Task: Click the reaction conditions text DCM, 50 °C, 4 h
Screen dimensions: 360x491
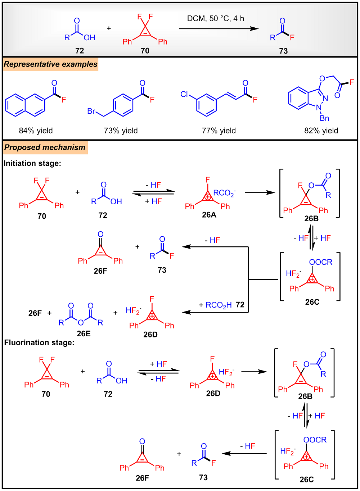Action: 215,19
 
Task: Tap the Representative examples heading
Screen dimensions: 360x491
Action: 50,64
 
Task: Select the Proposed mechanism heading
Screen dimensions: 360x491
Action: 45,147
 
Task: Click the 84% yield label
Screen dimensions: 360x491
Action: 36,131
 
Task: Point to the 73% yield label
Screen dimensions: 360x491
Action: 121,131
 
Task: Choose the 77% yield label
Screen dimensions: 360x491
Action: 219,131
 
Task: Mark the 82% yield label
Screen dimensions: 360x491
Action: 321,131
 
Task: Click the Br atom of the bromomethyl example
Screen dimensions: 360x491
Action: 91,111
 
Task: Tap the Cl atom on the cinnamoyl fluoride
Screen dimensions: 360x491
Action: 184,94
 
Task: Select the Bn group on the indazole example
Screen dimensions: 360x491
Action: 324,118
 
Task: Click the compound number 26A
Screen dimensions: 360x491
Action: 209,215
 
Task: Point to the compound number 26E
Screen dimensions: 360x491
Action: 84,333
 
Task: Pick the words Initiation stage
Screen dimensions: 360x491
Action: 32,163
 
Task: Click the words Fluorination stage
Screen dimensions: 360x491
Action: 39,342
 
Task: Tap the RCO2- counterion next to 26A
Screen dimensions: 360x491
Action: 224,193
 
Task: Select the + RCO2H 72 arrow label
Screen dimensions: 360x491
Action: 221,305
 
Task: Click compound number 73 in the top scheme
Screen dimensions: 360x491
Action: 283,51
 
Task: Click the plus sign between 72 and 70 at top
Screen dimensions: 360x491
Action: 109,28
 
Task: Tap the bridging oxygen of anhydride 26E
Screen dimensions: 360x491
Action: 81,322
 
